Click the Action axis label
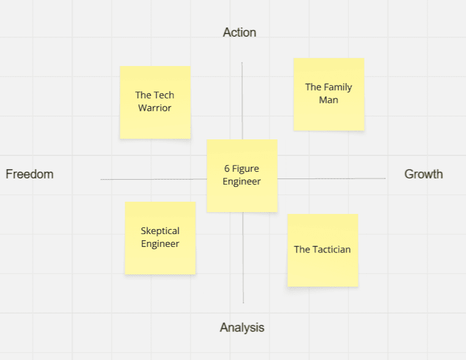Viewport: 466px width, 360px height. point(239,32)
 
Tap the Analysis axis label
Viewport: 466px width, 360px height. point(242,328)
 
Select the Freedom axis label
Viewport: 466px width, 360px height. point(29,174)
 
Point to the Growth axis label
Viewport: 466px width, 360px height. point(423,174)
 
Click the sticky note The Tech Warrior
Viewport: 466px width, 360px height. point(155,102)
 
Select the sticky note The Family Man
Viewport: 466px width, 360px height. point(328,94)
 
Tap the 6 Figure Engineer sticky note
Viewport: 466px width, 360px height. point(242,175)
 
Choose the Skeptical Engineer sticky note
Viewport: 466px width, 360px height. point(160,238)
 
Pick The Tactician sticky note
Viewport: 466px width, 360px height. point(322,250)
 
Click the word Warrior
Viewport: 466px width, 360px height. point(155,108)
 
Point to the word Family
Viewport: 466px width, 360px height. point(338,87)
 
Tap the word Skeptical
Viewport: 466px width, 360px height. point(160,231)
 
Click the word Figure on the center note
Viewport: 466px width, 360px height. point(246,169)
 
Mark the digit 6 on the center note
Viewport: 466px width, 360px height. point(227,169)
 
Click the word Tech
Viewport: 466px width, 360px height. point(164,95)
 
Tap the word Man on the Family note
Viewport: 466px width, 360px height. point(328,100)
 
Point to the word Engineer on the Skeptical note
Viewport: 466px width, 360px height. point(160,244)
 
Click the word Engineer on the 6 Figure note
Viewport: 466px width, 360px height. point(242,182)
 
